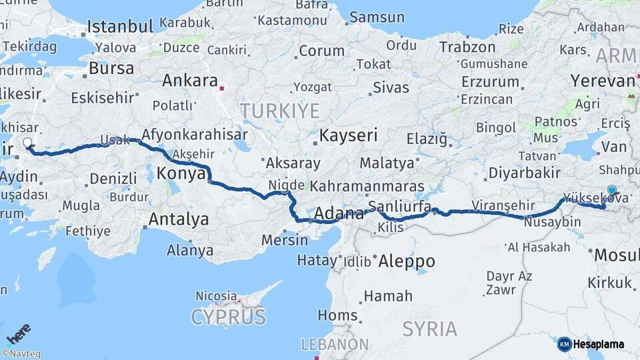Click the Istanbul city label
click(120, 27)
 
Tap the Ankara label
click(190, 81)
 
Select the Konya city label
click(181, 174)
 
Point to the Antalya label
click(178, 219)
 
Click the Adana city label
click(338, 214)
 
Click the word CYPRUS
click(228, 317)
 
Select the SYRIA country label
click(430, 329)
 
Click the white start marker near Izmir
click(27, 142)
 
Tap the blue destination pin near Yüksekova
click(612, 190)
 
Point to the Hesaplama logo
click(591, 344)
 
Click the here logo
click(18, 333)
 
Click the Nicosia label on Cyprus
click(216, 295)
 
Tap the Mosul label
click(616, 255)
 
